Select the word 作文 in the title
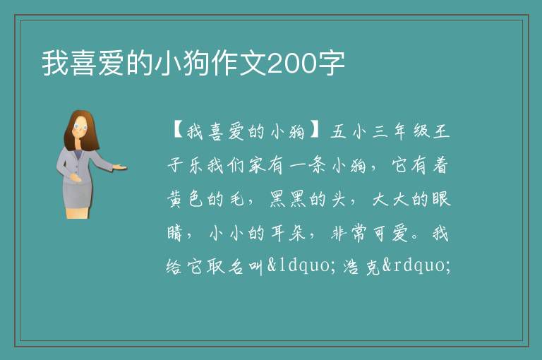(239, 64)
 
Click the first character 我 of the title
(55, 64)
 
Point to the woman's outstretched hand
(119, 167)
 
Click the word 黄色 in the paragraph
(185, 199)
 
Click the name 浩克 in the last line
(363, 266)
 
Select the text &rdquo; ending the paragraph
(416, 265)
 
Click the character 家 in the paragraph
(258, 165)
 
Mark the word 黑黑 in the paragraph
(287, 199)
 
